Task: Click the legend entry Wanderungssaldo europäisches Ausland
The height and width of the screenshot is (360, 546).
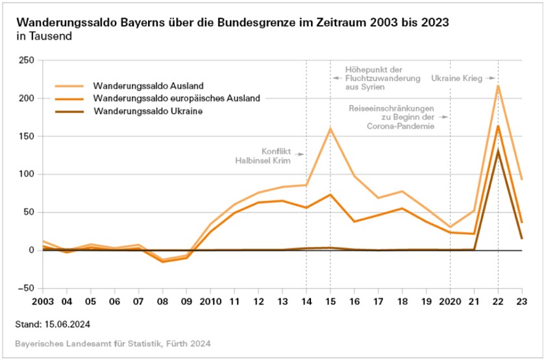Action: tap(176, 99)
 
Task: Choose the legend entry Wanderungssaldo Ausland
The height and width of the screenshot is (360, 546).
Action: tap(149, 85)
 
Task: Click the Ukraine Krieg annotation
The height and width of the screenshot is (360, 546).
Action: tap(456, 78)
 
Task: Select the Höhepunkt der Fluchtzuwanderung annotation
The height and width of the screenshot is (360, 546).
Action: tap(375, 78)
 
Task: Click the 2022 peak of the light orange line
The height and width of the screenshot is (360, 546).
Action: tap(498, 86)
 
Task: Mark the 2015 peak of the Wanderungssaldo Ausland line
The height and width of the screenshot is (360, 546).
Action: tap(330, 128)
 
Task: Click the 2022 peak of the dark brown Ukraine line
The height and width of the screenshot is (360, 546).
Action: tap(498, 150)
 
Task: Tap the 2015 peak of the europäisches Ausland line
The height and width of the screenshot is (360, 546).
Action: tap(330, 195)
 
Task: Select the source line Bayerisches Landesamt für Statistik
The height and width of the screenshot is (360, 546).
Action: tap(113, 342)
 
